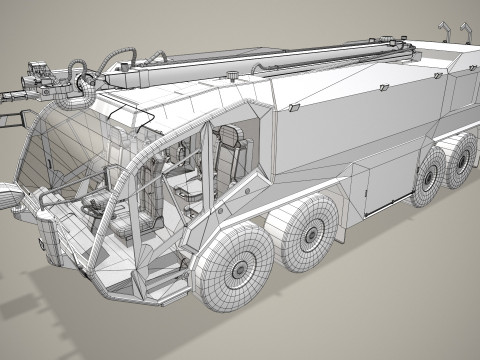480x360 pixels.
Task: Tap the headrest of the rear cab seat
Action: click(230, 137)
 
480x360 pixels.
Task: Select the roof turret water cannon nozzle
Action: click(12, 95)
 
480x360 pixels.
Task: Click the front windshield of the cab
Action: click(45, 160)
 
